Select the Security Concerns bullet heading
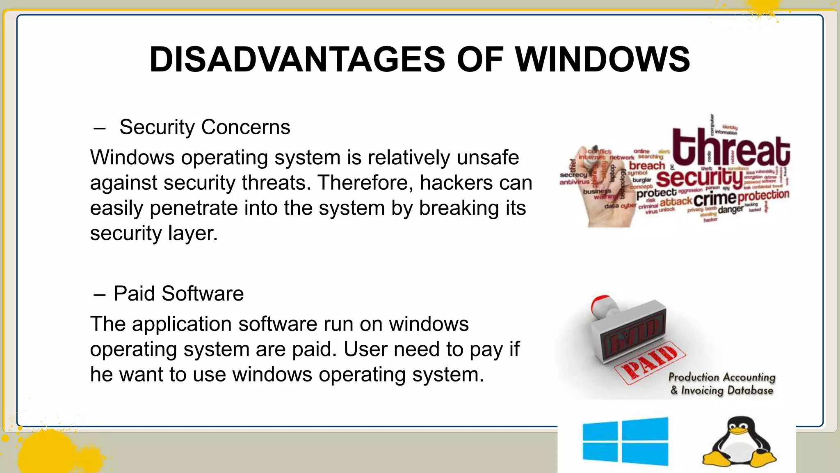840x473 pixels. (x=205, y=127)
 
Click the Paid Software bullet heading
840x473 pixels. (x=178, y=294)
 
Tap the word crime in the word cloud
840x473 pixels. (x=715, y=199)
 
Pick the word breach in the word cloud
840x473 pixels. (x=647, y=166)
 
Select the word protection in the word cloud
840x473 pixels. (x=763, y=196)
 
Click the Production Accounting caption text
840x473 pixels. (x=722, y=377)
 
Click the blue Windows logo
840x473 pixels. (x=625, y=441)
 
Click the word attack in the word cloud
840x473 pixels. (x=676, y=202)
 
